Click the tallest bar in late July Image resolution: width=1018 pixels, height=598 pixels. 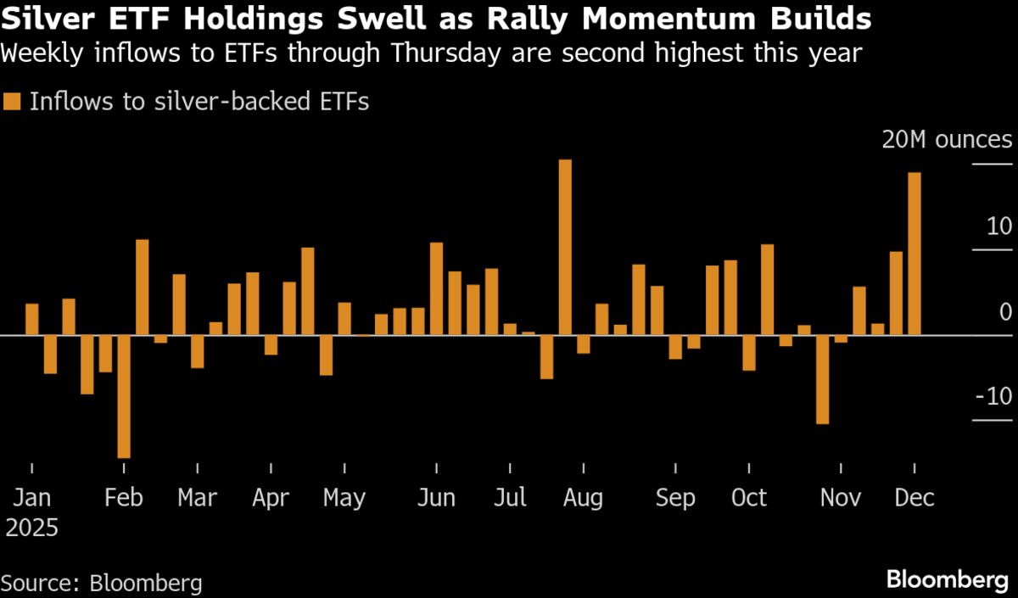tap(565, 247)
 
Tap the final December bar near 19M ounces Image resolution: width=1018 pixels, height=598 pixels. tap(915, 254)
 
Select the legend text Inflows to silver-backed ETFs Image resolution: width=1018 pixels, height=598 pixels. tap(199, 102)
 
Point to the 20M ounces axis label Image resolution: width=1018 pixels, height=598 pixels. tap(947, 140)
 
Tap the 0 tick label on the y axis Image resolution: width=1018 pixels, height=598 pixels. tap(1005, 312)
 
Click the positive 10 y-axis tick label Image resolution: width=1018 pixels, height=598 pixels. tap(998, 227)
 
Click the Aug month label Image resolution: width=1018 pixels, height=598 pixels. tap(583, 497)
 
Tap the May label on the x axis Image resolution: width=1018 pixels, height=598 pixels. tap(344, 497)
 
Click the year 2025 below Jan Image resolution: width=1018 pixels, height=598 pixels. tap(32, 528)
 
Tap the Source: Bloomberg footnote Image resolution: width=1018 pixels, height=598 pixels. tap(102, 583)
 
